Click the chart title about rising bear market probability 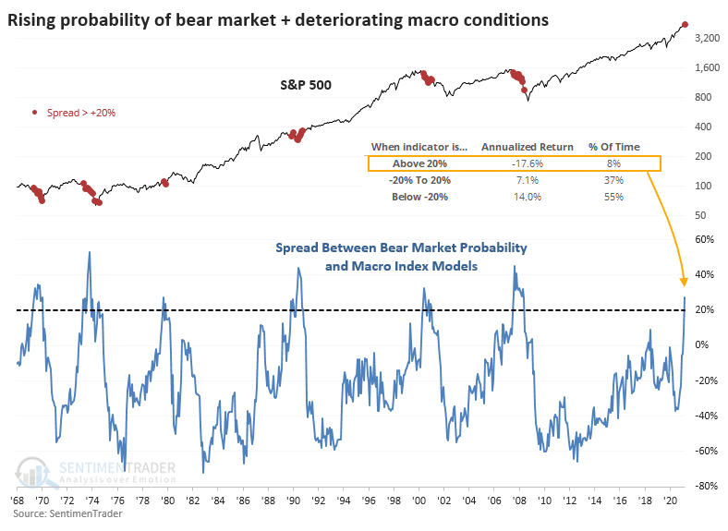278,20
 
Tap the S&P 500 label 306,85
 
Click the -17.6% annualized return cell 528,163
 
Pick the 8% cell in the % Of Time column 613,163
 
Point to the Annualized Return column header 527,147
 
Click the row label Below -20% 419,197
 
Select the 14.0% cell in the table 528,197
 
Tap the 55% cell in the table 613,197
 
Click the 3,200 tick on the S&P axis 707,38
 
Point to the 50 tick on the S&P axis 700,215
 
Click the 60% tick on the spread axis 704,239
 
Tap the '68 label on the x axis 17,501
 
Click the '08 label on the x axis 519,501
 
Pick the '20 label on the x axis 670,501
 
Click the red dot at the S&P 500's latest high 685,25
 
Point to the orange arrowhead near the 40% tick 684,282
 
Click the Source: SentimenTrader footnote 67,513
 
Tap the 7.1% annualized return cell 528,180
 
